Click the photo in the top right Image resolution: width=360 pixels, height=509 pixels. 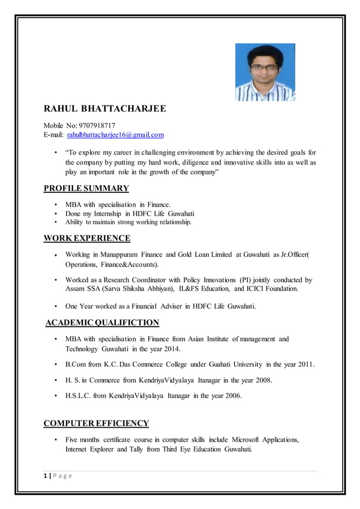265,72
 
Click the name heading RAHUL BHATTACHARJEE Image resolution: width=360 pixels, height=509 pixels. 104,108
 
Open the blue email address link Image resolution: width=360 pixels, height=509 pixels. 116,135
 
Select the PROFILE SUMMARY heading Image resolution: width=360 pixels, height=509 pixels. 86,188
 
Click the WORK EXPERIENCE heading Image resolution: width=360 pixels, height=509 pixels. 87,238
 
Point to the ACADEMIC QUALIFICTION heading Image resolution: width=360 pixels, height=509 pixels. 102,323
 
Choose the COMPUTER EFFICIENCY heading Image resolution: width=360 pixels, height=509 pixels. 96,423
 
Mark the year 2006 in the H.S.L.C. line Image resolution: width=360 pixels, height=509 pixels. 231,396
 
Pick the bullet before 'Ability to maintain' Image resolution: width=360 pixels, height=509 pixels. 55,222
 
